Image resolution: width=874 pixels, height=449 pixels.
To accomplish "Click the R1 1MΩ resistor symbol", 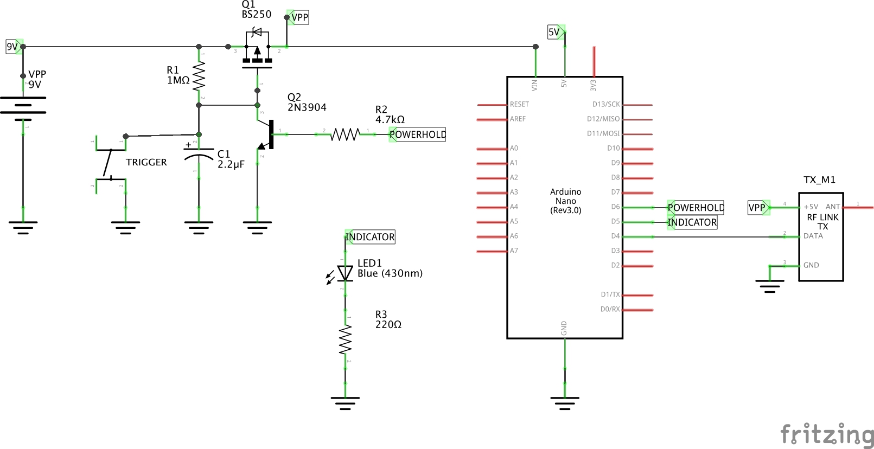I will click(x=199, y=76).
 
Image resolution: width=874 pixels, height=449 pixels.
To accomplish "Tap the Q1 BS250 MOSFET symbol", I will click(x=257, y=52).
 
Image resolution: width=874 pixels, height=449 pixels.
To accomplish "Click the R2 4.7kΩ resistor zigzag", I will click(x=346, y=134).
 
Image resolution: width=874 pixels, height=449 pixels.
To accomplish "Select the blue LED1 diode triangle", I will click(x=345, y=273).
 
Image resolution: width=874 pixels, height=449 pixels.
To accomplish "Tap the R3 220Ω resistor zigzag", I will click(x=346, y=340).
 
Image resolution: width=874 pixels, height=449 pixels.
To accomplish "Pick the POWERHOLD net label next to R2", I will click(x=417, y=134).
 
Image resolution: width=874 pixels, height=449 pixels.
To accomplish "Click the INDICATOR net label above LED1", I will click(x=370, y=237).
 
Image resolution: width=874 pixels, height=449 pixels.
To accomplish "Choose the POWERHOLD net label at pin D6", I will click(x=696, y=208).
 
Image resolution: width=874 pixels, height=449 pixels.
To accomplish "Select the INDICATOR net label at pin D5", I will click(x=692, y=222).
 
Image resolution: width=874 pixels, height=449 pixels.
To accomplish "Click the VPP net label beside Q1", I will click(x=298, y=17).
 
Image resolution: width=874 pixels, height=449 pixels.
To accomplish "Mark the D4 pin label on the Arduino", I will click(x=615, y=236).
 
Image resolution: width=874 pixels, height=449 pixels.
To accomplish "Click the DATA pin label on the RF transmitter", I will click(x=813, y=236).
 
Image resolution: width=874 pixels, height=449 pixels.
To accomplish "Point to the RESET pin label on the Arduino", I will click(x=519, y=104).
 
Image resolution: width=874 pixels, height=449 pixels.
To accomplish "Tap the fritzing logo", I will click(x=827, y=435).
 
